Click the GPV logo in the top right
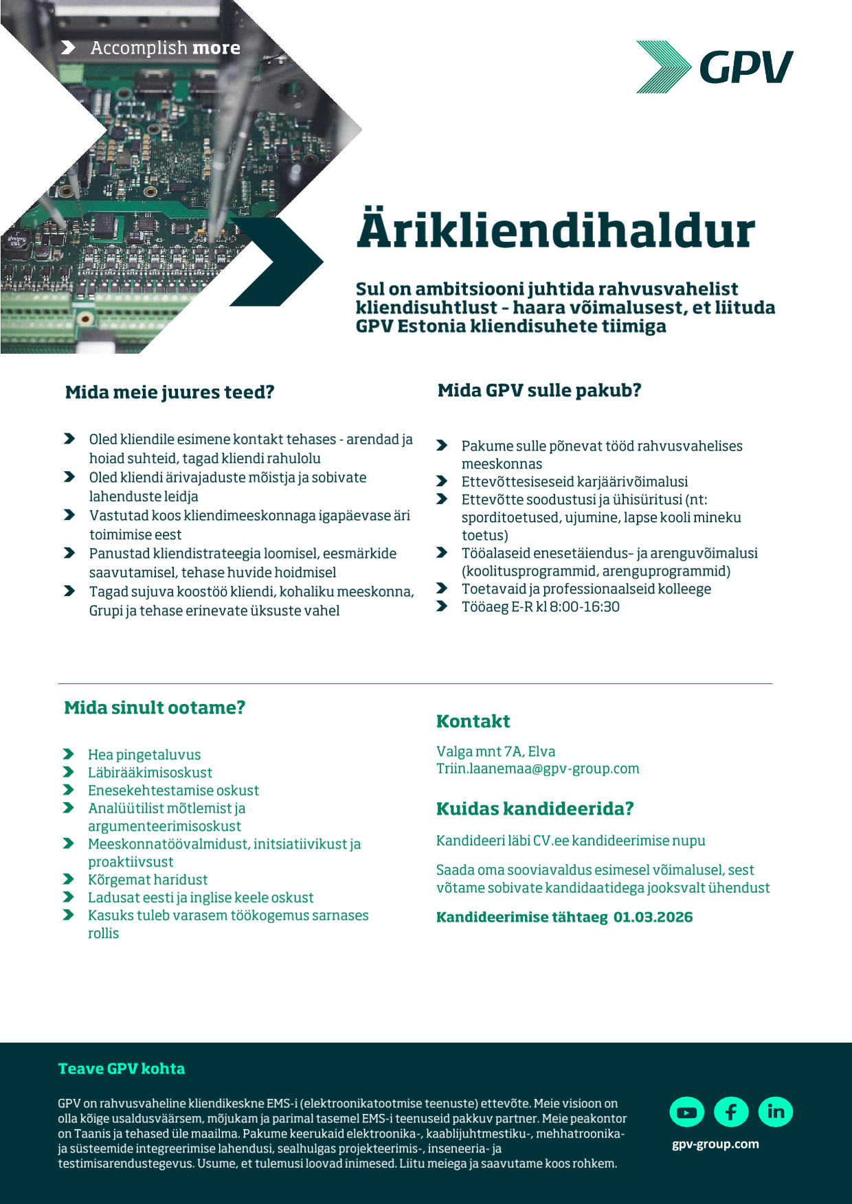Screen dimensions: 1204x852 pos(715,67)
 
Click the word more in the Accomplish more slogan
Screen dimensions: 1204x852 pos(216,48)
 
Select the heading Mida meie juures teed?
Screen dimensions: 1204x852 pos(170,392)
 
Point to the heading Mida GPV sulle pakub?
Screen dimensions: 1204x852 pos(539,390)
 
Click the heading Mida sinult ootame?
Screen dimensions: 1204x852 pos(155,707)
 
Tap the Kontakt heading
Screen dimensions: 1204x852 pos(473,721)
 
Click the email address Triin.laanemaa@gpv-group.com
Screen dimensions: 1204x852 pos(537,769)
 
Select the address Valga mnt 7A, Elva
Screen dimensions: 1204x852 pos(495,751)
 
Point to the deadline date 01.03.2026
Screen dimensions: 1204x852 pos(653,917)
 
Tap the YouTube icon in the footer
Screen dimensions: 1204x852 pos(686,1112)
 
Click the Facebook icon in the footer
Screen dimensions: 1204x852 pos(731,1112)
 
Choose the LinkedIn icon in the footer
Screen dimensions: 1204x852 pos(776,1112)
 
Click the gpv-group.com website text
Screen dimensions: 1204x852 pos(715,1144)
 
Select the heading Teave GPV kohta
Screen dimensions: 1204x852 pos(122,1069)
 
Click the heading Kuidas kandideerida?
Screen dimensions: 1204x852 pos(535,808)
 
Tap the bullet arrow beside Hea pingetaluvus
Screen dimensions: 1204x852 pos(69,754)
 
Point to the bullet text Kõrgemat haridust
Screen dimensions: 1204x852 pos(147,880)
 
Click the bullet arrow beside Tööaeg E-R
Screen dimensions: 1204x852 pos(442,606)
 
